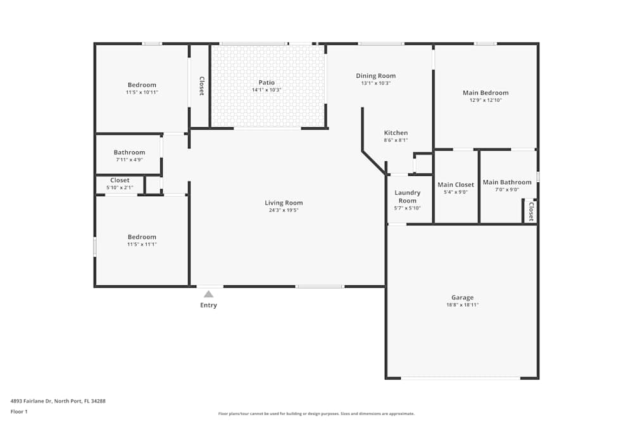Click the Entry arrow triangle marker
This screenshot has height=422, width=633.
pos(208,294)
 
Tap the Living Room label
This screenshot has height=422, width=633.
pos(284,203)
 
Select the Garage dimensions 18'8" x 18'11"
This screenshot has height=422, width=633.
pos(462,305)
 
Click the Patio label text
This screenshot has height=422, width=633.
pos(266,82)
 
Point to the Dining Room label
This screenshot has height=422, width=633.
pos(375,76)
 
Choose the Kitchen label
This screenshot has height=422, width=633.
pos(396,133)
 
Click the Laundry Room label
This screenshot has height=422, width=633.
pos(407,197)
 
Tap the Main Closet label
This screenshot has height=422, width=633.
pos(456,185)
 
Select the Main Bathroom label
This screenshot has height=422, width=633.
pos(507,182)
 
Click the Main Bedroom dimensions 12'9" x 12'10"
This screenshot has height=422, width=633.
pos(486,100)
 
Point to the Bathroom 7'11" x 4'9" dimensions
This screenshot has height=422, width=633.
pos(129,159)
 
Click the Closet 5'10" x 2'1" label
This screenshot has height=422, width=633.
pos(120,180)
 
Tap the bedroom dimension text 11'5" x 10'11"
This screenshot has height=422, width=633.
pos(142,92)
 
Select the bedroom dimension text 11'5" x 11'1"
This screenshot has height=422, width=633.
pos(142,244)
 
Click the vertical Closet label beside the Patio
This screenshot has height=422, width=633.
pos(202,86)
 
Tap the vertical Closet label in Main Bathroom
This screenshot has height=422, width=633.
pos(531,211)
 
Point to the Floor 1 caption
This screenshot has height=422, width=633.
pos(19,411)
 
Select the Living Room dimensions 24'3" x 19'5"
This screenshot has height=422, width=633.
pos(284,210)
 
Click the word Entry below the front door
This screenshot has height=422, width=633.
pos(208,306)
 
